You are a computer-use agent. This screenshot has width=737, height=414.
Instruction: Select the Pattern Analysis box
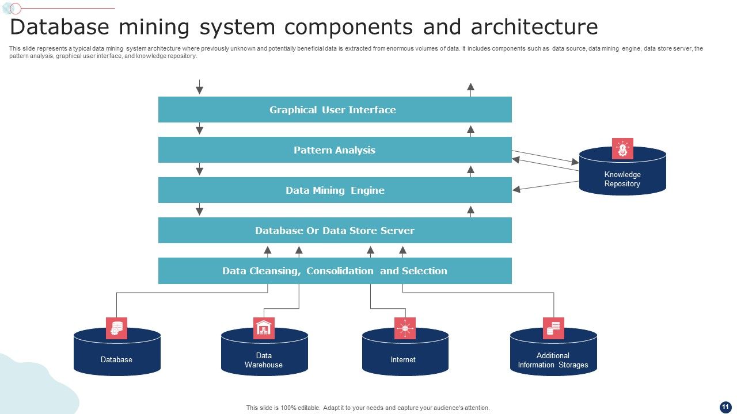click(x=335, y=150)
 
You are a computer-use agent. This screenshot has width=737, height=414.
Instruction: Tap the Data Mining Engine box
click(x=335, y=190)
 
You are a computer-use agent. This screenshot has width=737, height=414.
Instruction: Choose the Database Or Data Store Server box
click(x=335, y=231)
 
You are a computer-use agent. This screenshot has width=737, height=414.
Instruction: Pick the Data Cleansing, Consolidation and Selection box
click(x=335, y=271)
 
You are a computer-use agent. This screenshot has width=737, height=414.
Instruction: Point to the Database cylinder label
click(x=116, y=360)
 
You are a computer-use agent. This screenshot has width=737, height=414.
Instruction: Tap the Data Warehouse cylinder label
click(x=264, y=360)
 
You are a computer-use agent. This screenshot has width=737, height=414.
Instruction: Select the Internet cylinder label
click(x=403, y=360)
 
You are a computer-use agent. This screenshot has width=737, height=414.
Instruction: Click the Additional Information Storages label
click(x=553, y=360)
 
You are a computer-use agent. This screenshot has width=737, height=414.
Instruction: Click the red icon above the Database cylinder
click(x=116, y=328)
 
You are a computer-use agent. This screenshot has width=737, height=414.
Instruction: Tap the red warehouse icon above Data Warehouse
click(x=264, y=328)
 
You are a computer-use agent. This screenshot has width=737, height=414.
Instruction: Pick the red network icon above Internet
click(x=405, y=328)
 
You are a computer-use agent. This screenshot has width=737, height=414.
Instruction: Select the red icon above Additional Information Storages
click(x=553, y=328)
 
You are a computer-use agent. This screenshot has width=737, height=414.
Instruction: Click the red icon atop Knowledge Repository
click(x=622, y=149)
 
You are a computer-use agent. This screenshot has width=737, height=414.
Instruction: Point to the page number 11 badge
click(x=725, y=407)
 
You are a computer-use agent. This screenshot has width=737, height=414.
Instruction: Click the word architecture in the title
click(x=534, y=27)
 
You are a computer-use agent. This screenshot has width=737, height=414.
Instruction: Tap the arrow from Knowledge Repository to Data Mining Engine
click(x=546, y=185)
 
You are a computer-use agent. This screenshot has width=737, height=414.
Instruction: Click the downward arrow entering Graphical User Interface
click(x=199, y=87)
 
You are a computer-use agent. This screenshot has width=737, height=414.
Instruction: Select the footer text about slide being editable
click(x=368, y=408)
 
